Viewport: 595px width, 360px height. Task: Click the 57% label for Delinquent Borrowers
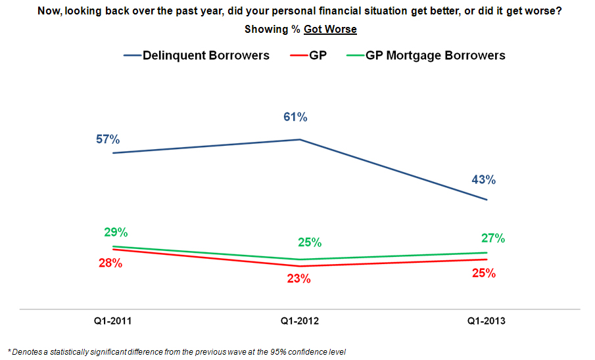(106, 139)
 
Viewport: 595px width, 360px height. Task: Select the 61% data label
(295, 118)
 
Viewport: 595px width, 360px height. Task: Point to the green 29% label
(115, 232)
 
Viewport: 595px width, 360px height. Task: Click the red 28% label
(110, 263)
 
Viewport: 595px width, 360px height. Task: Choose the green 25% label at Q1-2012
(309, 242)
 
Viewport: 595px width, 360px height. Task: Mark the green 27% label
(492, 238)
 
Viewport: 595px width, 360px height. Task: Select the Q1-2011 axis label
(114, 321)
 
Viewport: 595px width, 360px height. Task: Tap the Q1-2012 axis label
(300, 321)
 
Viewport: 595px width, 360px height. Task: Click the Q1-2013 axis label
(487, 321)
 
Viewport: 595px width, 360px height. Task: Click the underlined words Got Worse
(330, 29)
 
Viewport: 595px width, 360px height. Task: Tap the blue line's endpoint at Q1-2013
(487, 200)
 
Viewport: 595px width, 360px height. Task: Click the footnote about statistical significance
(176, 351)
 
